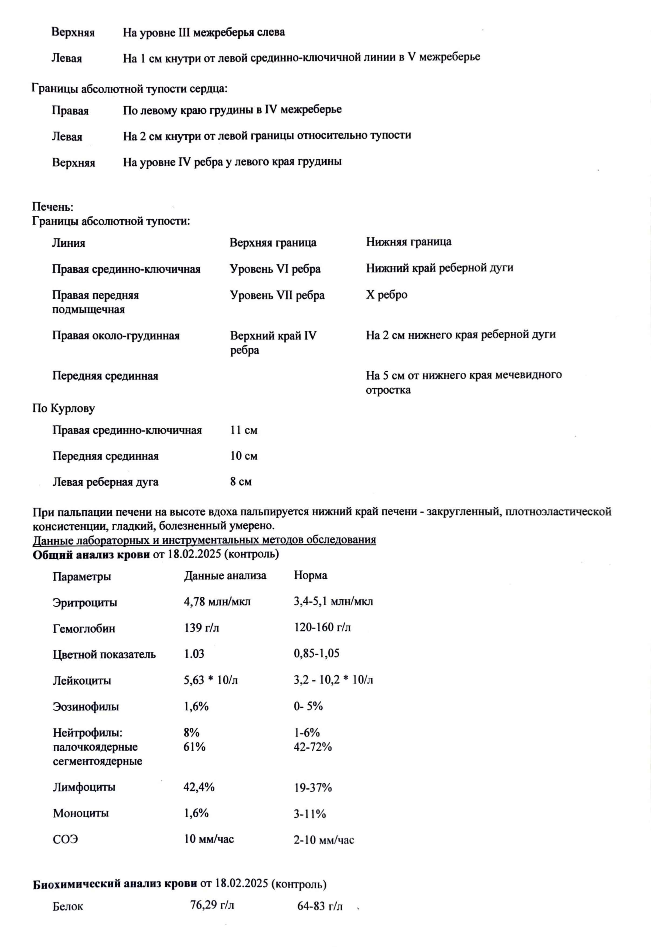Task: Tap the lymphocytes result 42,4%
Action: click(x=199, y=787)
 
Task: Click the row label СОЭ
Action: click(x=65, y=840)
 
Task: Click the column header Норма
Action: click(x=311, y=575)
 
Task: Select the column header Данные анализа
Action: click(x=225, y=576)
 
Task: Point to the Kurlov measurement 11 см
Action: click(x=244, y=430)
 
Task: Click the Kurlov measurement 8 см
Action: click(x=241, y=481)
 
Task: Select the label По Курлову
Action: click(x=64, y=408)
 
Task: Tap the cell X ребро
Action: click(x=386, y=295)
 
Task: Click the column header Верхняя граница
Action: click(x=273, y=243)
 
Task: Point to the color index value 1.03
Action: click(x=194, y=654)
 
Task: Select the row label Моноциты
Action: click(x=81, y=813)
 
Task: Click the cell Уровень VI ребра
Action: click(x=275, y=269)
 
